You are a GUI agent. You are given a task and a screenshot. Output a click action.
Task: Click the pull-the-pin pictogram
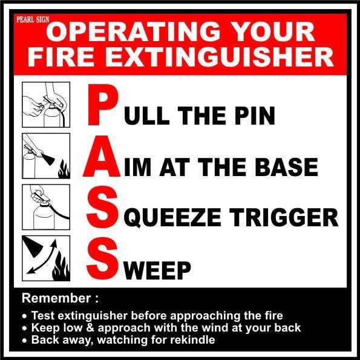(46, 105)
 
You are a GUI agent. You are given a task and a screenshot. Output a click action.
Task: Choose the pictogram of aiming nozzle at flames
(46, 156)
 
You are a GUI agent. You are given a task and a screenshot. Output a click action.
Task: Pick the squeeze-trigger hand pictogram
(46, 207)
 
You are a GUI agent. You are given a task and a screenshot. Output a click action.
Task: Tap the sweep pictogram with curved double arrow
(46, 258)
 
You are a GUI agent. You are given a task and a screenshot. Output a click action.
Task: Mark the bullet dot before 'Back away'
(24, 340)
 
